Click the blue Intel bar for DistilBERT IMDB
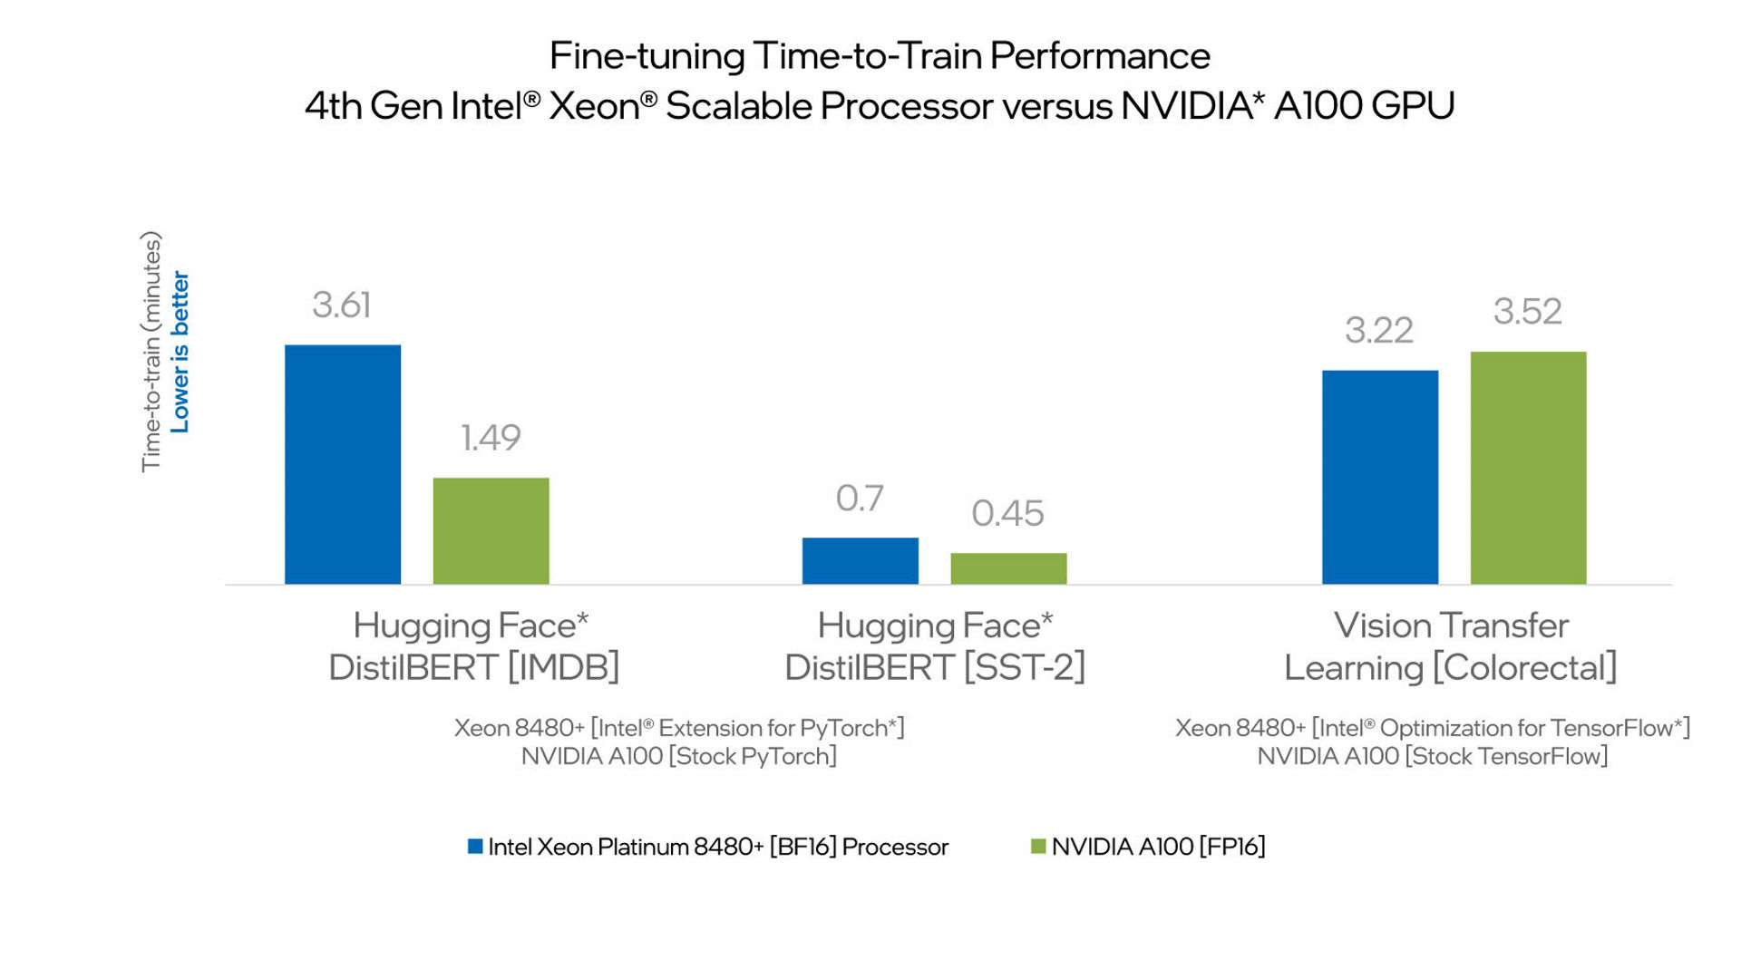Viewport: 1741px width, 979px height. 343,464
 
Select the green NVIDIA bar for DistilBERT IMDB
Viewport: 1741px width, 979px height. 491,530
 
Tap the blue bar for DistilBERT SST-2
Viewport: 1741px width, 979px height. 860,560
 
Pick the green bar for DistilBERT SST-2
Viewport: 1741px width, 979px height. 1008,568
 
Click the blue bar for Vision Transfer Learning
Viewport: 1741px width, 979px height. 1379,477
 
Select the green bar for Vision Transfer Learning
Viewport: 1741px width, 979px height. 1528,468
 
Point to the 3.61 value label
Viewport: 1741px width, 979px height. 342,305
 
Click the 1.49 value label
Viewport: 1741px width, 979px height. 491,438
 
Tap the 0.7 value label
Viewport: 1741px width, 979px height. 859,499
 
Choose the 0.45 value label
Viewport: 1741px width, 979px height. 1007,514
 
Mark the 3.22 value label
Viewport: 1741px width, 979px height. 1378,331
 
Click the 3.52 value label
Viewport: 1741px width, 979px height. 1527,312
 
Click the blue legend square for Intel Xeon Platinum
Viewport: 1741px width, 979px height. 475,847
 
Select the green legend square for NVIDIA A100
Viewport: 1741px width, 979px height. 1038,847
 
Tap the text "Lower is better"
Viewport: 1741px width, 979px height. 180,352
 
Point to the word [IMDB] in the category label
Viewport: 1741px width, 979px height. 563,668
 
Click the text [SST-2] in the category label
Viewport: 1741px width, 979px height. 1024,668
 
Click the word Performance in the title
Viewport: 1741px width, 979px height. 1099,56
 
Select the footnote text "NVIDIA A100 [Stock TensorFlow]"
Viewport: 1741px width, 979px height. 1432,756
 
